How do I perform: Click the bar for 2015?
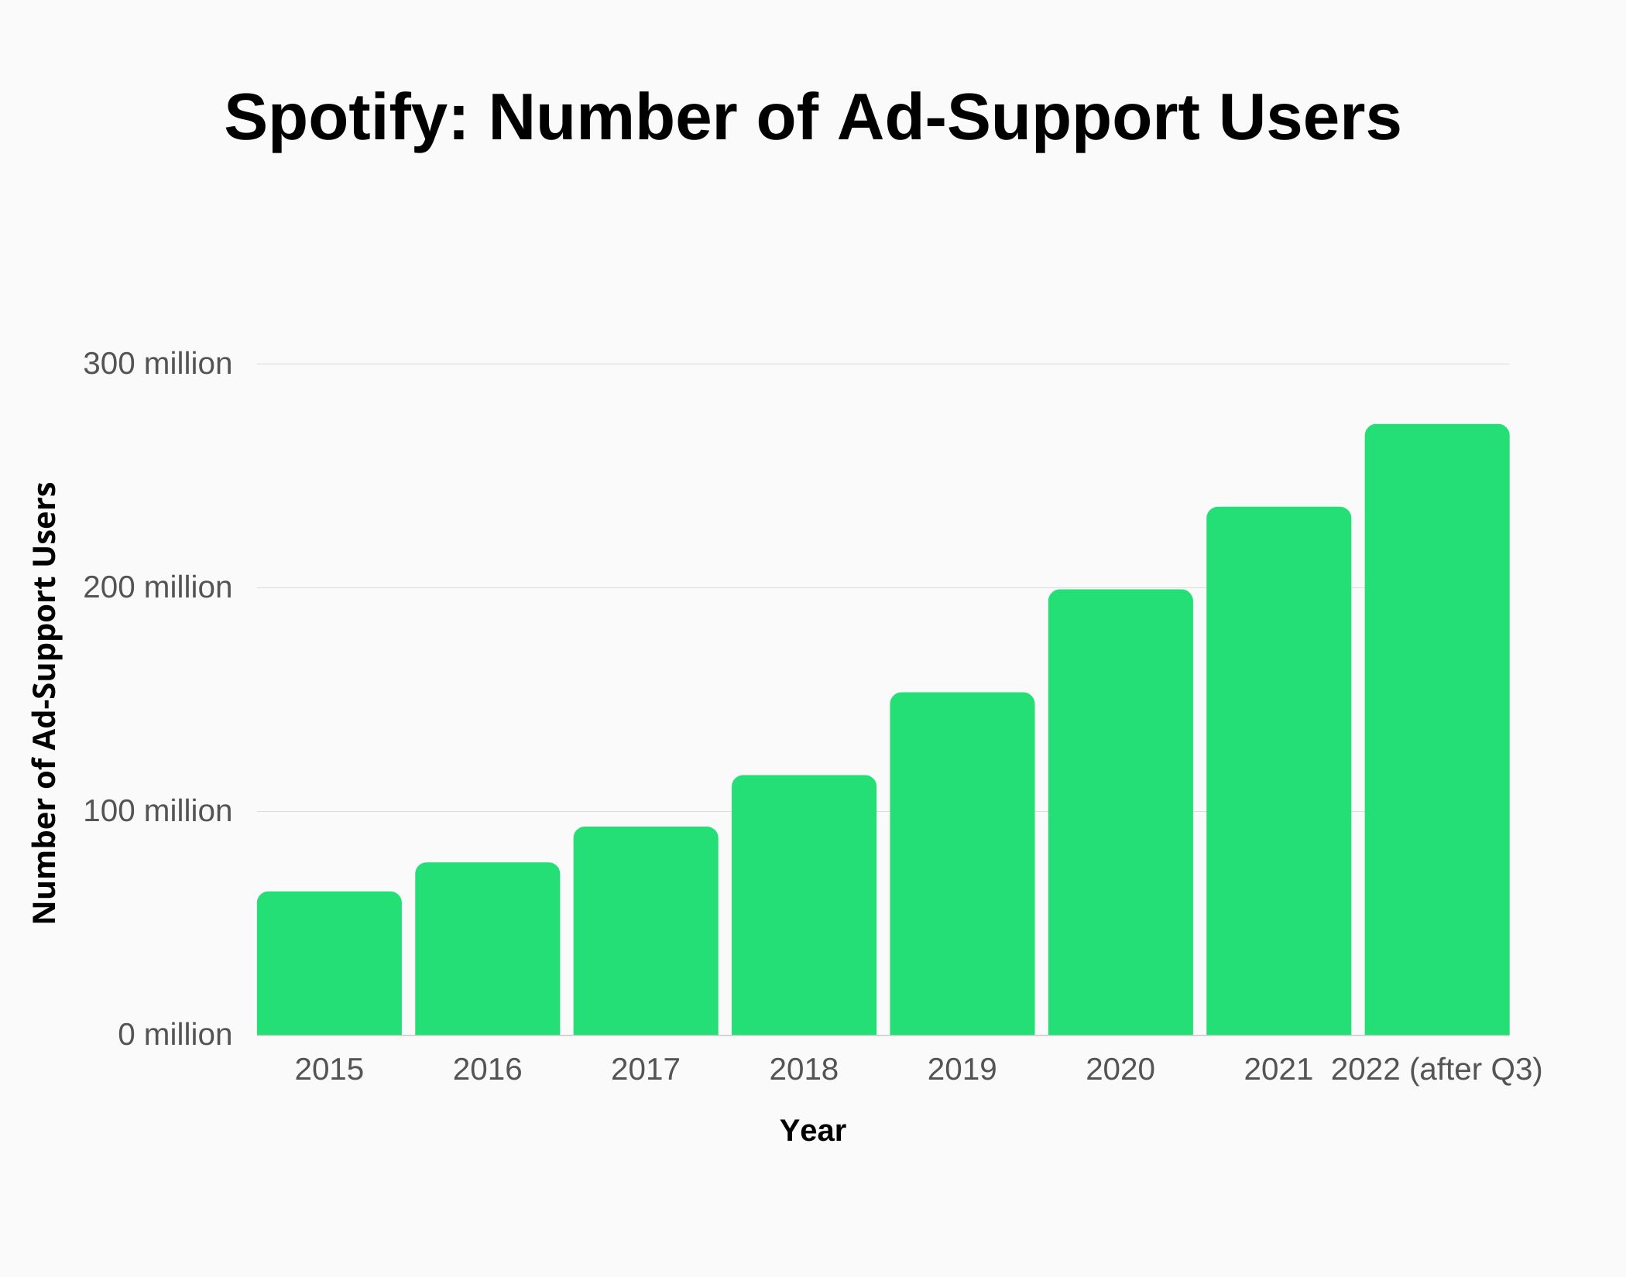click(x=329, y=964)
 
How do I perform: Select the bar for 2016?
click(x=487, y=949)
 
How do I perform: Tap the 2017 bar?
click(x=646, y=931)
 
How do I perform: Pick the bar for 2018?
click(x=804, y=906)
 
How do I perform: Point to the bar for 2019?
click(x=962, y=864)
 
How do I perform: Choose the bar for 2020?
click(x=1120, y=813)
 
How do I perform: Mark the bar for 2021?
click(x=1278, y=771)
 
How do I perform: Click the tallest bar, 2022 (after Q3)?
click(x=1437, y=730)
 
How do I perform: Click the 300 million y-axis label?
click(x=157, y=364)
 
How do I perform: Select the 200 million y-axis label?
click(x=157, y=587)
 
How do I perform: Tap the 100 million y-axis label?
click(x=157, y=811)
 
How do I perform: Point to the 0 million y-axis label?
click(x=174, y=1035)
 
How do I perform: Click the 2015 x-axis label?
click(x=329, y=1070)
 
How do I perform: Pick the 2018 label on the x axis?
click(x=804, y=1070)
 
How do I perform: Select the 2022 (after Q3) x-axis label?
click(x=1437, y=1070)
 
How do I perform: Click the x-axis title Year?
click(x=812, y=1131)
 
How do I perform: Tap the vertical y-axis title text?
click(x=45, y=703)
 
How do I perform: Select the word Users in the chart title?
click(x=1309, y=118)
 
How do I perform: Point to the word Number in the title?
click(x=612, y=118)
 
